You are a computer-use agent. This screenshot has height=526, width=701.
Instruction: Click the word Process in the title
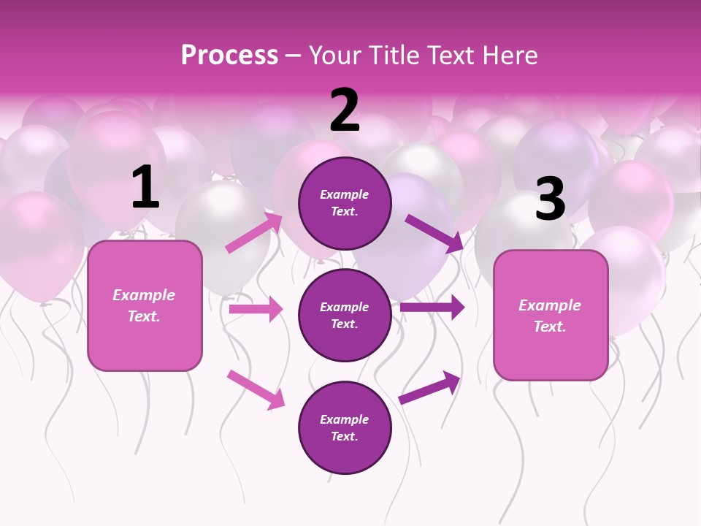229,56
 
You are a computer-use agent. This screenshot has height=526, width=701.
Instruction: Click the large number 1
145,188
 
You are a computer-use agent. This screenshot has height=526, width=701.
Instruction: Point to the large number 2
345,110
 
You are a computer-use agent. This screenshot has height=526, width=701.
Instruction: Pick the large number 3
550,199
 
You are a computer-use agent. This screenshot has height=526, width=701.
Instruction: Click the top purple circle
345,203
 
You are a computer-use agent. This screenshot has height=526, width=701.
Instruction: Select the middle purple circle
345,315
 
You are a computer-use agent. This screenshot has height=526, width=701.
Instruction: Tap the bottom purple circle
345,427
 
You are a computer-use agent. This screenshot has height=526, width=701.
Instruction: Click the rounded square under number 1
145,305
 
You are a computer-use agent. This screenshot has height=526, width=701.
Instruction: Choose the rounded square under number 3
551,316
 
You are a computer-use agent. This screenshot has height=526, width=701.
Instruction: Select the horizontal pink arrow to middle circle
256,310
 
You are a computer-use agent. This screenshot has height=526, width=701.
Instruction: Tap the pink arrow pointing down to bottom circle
256,389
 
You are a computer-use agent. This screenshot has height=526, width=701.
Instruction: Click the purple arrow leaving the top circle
434,233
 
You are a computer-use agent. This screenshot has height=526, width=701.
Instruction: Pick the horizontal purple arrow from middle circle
432,307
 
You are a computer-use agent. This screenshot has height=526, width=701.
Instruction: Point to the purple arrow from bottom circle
429,387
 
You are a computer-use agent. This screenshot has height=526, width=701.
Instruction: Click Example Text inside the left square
144,305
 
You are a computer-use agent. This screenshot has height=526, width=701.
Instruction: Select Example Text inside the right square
550,316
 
